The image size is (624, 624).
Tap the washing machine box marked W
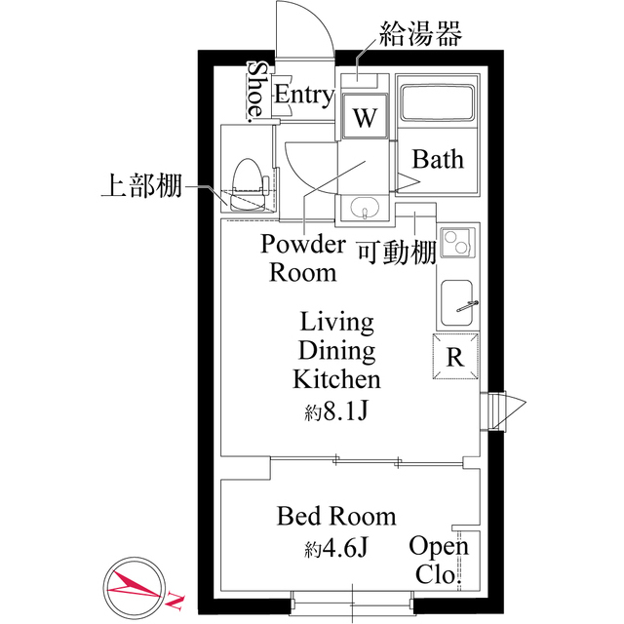[364, 119]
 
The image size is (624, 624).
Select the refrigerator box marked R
[455, 357]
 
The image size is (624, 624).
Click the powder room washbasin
[365, 209]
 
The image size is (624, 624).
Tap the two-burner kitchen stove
[456, 244]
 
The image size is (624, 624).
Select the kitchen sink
[456, 304]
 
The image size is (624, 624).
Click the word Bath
[437, 159]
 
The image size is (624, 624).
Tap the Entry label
[303, 95]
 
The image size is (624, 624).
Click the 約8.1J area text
[336, 410]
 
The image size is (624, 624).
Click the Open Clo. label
[439, 560]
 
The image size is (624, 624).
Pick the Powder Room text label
[302, 257]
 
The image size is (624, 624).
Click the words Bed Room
[336, 515]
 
